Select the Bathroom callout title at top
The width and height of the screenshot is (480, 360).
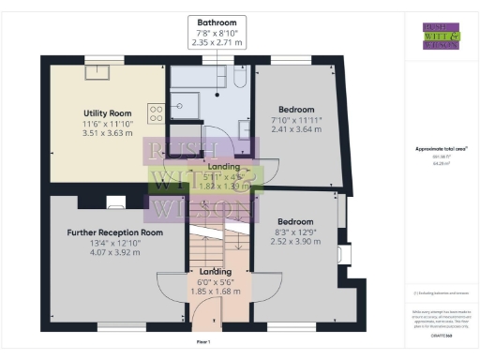(x=217, y=22)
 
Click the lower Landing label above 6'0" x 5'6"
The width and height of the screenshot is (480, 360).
(x=217, y=272)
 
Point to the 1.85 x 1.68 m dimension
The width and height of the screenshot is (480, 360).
(x=217, y=292)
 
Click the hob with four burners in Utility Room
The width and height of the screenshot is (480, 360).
(x=156, y=112)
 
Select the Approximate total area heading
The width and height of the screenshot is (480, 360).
(x=441, y=149)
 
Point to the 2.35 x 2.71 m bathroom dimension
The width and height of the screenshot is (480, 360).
(x=217, y=42)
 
